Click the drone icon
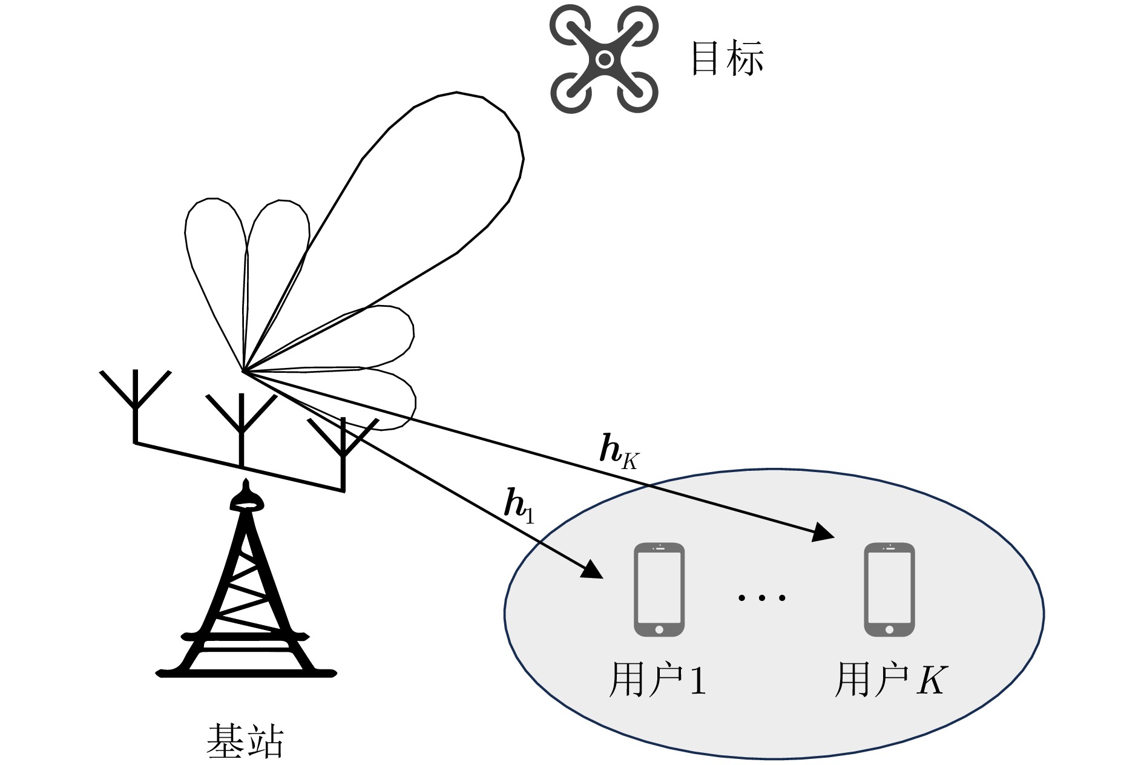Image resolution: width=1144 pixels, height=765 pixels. click(x=603, y=59)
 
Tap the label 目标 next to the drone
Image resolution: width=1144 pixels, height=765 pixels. click(x=727, y=59)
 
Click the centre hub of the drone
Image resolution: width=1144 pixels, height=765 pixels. click(x=603, y=59)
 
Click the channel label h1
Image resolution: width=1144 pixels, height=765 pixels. click(x=519, y=506)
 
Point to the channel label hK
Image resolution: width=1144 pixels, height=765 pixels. click(x=618, y=451)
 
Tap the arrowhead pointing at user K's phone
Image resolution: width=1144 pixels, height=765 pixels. click(x=823, y=533)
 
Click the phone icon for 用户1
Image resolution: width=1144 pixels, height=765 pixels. click(x=659, y=589)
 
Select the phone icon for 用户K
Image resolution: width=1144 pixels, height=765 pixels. click(x=889, y=589)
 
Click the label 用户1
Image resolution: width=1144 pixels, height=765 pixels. click(x=657, y=680)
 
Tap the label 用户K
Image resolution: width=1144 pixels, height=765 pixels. click(x=890, y=680)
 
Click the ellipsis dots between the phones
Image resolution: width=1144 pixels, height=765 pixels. click(x=761, y=598)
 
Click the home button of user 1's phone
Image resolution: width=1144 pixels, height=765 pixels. click(x=659, y=629)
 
